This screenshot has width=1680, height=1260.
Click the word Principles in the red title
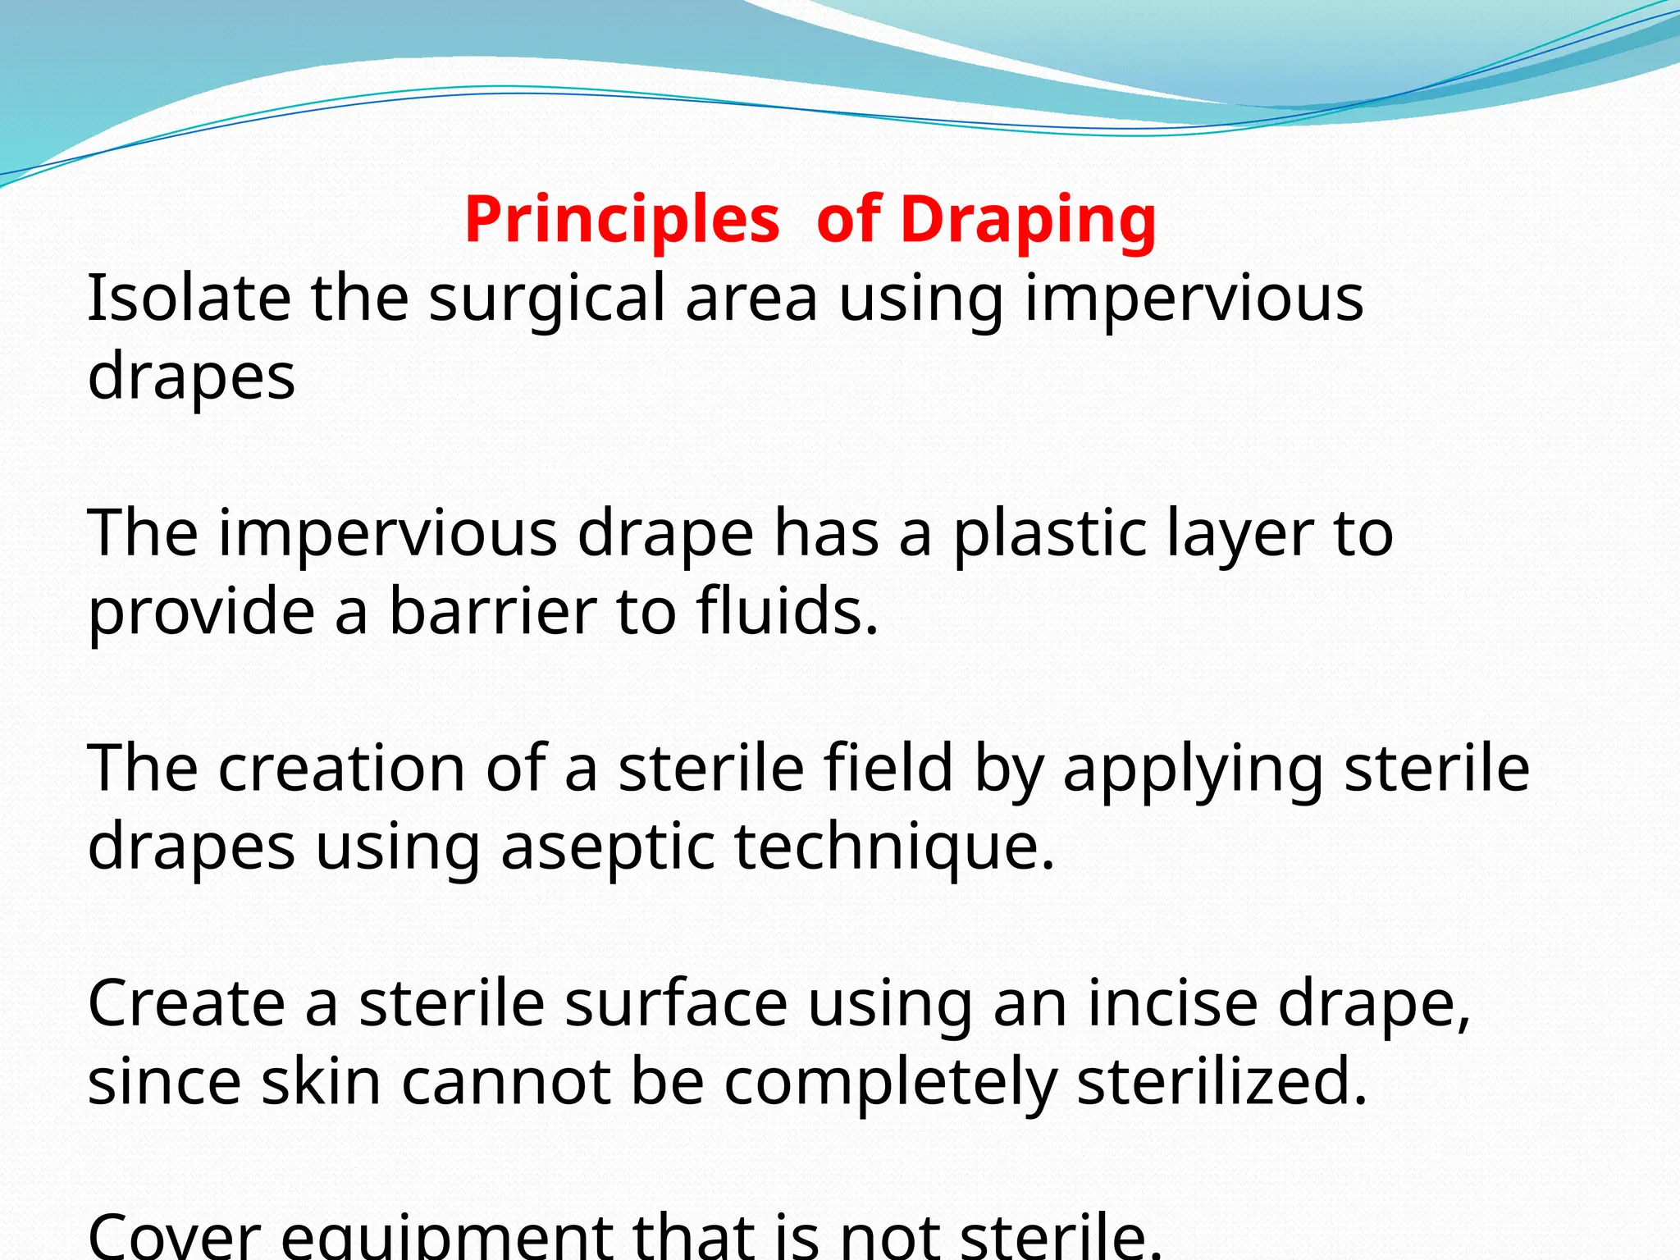click(x=622, y=220)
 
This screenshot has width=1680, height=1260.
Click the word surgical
click(x=546, y=299)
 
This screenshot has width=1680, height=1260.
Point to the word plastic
click(x=1049, y=534)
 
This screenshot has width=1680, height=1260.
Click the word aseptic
click(x=607, y=847)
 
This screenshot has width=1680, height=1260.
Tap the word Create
click(x=186, y=1002)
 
